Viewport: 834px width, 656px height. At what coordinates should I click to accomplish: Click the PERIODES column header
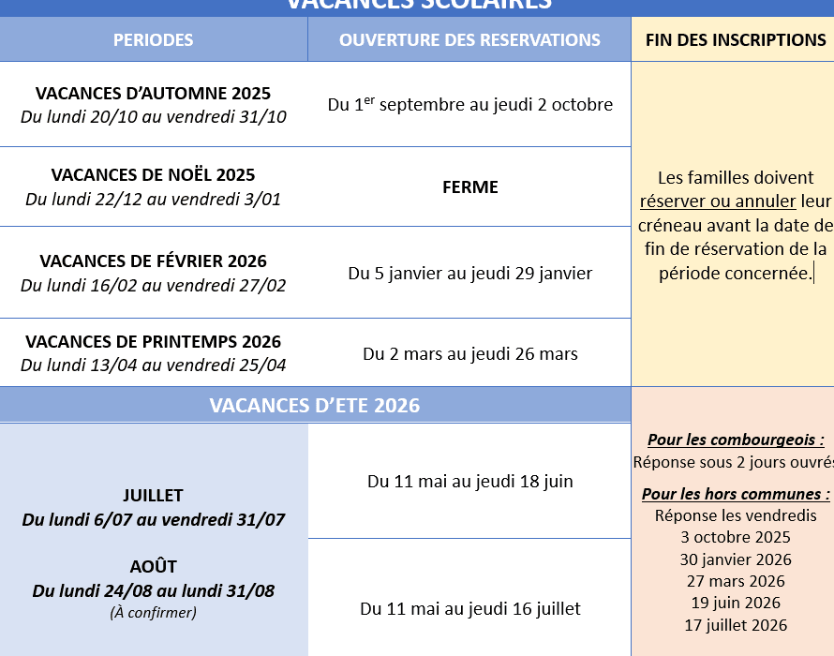pyautogui.click(x=154, y=40)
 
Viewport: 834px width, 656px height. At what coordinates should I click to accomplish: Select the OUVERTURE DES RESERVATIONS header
pyautogui.click(x=469, y=40)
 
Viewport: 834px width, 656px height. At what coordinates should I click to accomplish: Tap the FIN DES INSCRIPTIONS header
pyautogui.click(x=736, y=40)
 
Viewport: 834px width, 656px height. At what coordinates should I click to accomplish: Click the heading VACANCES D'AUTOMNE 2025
pyautogui.click(x=154, y=93)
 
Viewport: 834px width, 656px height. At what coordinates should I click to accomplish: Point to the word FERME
pyautogui.click(x=470, y=187)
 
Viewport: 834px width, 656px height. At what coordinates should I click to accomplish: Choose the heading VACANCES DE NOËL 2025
pyautogui.click(x=154, y=175)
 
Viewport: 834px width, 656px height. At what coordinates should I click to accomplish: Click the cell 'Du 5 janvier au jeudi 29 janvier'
pyautogui.click(x=470, y=274)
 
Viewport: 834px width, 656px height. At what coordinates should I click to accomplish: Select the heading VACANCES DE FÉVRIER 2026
pyautogui.click(x=154, y=261)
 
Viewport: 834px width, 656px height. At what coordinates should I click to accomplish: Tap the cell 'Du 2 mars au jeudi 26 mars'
pyautogui.click(x=470, y=354)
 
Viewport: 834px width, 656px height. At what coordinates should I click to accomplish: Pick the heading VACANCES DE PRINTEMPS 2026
pyautogui.click(x=154, y=342)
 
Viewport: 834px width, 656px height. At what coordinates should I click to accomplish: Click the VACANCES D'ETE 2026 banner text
pyautogui.click(x=315, y=406)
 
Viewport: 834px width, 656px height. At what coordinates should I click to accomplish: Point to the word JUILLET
pyautogui.click(x=154, y=496)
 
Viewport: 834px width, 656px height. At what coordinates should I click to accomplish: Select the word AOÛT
pyautogui.click(x=154, y=567)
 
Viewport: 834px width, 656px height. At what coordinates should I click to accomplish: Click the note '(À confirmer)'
pyautogui.click(x=154, y=613)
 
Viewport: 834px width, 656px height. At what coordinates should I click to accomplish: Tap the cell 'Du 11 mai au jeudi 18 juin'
pyautogui.click(x=470, y=482)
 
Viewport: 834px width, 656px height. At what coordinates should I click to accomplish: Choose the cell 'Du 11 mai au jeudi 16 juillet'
pyautogui.click(x=470, y=609)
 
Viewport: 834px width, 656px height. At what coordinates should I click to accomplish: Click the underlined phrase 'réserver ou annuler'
pyautogui.click(x=718, y=201)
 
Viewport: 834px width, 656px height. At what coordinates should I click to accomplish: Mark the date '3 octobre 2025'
pyautogui.click(x=736, y=538)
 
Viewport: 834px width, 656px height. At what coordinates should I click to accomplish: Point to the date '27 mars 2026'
pyautogui.click(x=736, y=581)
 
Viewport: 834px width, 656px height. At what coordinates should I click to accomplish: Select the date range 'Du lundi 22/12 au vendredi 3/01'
pyautogui.click(x=154, y=200)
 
